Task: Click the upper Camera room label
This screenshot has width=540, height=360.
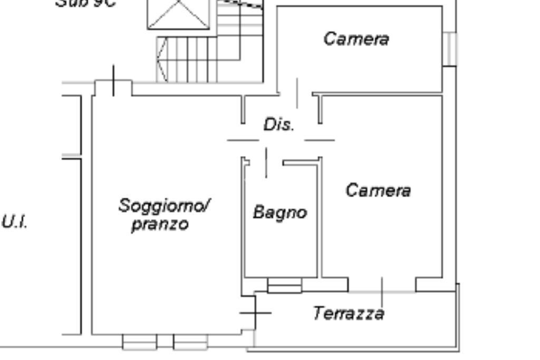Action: [356, 38]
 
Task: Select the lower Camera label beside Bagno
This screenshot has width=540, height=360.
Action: [378, 190]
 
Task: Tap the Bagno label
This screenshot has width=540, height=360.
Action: [279, 212]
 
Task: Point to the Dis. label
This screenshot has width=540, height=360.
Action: [278, 125]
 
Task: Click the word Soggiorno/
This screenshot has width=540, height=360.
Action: [164, 205]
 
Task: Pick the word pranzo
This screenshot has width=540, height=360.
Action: [160, 225]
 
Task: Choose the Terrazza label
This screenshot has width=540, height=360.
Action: [349, 314]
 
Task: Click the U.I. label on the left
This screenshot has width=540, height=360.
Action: [14, 222]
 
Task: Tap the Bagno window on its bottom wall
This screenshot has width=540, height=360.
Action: [284, 286]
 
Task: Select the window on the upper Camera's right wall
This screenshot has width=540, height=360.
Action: [449, 48]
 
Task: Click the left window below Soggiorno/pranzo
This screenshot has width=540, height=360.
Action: [139, 342]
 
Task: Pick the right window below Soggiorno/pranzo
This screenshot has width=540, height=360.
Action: [190, 342]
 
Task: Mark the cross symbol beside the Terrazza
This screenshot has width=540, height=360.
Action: [255, 313]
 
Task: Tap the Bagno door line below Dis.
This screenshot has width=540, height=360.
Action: [266, 163]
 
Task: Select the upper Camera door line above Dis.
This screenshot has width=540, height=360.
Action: [297, 93]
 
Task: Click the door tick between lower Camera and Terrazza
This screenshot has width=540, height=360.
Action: [382, 286]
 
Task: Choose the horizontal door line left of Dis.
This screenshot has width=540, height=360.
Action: [243, 140]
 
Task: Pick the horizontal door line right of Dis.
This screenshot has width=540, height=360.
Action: [320, 140]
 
